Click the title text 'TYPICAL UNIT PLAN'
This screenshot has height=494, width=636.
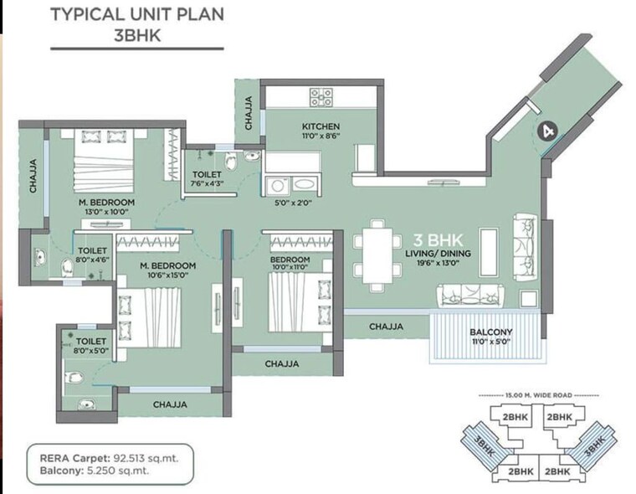click(137, 14)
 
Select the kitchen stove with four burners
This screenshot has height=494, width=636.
click(321, 97)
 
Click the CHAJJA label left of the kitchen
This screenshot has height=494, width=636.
click(249, 112)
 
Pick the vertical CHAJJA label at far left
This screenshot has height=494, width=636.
click(33, 177)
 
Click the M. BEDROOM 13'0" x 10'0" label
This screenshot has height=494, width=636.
click(106, 208)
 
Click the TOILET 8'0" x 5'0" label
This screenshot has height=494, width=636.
click(90, 347)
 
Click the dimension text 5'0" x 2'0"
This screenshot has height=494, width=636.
click(293, 202)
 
